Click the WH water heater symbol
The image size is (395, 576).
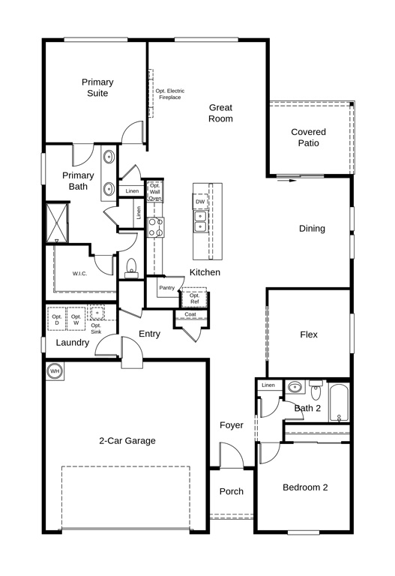click(x=55, y=371)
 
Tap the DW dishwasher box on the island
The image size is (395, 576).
click(x=200, y=202)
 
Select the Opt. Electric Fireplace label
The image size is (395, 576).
click(x=170, y=94)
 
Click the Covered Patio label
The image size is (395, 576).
click(x=308, y=137)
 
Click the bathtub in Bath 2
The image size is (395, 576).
click(x=339, y=402)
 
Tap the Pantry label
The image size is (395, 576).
click(x=166, y=288)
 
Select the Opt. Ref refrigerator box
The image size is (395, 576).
click(x=195, y=298)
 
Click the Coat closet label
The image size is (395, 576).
click(x=190, y=314)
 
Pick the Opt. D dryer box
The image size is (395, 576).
click(x=56, y=319)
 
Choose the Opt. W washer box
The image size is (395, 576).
click(x=76, y=319)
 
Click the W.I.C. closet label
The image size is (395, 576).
click(x=79, y=274)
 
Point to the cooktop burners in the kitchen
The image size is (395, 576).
click(x=156, y=227)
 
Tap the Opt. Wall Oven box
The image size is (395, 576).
click(x=155, y=192)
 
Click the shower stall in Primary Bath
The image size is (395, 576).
click(x=57, y=222)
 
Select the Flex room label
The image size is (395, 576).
click(x=309, y=334)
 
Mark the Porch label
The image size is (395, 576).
click(x=232, y=491)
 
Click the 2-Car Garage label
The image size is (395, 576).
click(x=127, y=441)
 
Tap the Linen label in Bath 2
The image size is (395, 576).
click(x=268, y=385)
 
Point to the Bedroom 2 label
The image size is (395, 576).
click(x=305, y=487)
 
